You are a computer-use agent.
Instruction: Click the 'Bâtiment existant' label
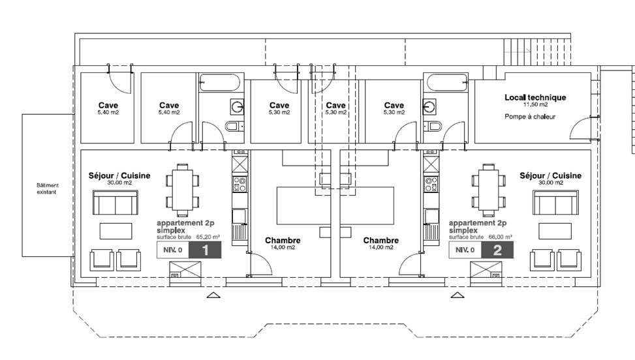coord(47,188)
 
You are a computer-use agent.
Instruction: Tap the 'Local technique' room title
coord(535,97)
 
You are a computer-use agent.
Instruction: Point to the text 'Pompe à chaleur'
coord(529,117)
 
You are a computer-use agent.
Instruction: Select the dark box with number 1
coord(206,250)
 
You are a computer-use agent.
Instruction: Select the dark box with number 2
coord(497,250)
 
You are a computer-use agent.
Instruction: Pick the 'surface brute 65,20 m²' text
coord(188,237)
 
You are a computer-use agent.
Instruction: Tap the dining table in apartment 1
coord(182,189)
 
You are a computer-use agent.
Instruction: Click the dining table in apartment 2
coord(488,189)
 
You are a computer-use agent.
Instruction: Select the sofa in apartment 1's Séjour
coord(116,204)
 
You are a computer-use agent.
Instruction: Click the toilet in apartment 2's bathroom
coord(433,126)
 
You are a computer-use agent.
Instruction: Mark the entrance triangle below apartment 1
coord(213,295)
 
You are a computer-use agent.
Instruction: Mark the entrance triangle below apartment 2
coord(456,295)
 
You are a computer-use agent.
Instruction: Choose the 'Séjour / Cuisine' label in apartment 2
coord(550,175)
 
